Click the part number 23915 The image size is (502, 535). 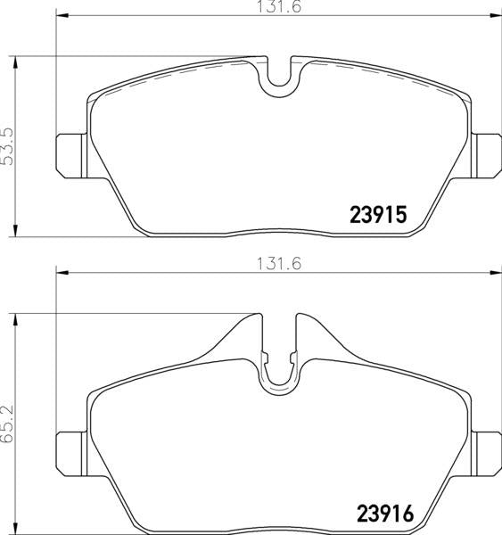pyautogui.click(x=378, y=215)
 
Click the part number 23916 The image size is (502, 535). pyautogui.click(x=385, y=514)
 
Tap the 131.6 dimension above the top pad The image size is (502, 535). pyautogui.click(x=279, y=7)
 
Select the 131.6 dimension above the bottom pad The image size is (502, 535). pyautogui.click(x=279, y=264)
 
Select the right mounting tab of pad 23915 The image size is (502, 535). pyautogui.click(x=486, y=155)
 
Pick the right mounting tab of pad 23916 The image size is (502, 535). pyautogui.click(x=486, y=454)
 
